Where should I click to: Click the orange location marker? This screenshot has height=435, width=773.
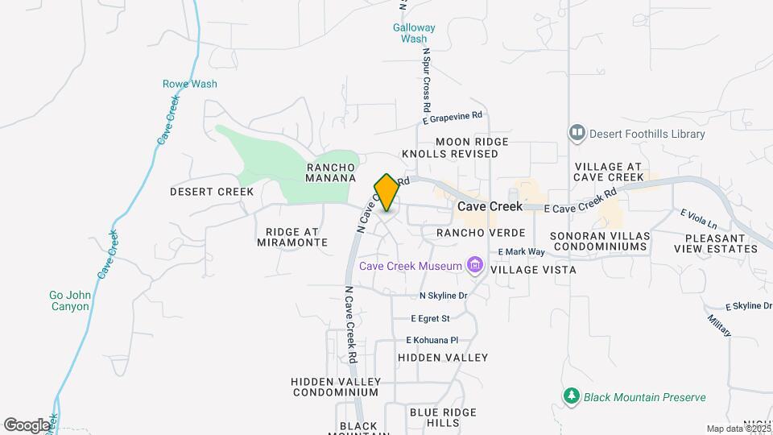coord(386,193)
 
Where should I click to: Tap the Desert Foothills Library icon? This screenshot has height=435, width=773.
coord(577,133)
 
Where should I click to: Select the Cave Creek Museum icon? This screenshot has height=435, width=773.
coord(475,266)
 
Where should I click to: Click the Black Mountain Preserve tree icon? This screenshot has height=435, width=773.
coord(572,396)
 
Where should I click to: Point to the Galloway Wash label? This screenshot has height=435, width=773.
coord(414,33)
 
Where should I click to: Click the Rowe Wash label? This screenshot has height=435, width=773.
coord(190,84)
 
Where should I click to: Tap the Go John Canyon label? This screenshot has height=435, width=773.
coord(69,301)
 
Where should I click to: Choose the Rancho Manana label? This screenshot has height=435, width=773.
coord(331,172)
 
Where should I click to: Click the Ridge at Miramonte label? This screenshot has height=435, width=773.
coord(291,237)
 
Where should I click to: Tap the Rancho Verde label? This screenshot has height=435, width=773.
coord(469,232)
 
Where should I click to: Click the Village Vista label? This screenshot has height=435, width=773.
coord(533,270)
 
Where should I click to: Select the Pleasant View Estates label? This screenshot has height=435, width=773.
coord(721,243)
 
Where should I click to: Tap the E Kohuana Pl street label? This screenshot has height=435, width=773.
coord(432,340)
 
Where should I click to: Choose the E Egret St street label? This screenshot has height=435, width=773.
coord(430,318)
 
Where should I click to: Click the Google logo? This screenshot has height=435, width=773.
coord(27,425)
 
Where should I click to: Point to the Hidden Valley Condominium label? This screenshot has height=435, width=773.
coord(335,386)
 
